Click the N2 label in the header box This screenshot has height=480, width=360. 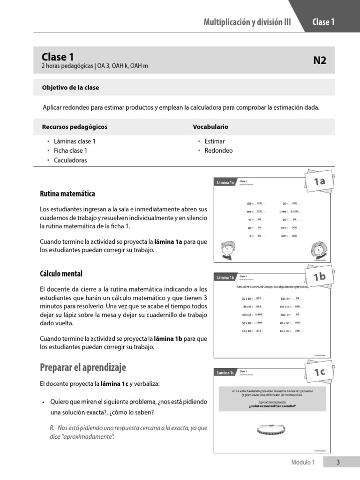click(319, 60)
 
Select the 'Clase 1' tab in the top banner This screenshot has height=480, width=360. click(323, 22)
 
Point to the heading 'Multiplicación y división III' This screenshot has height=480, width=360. click(247, 22)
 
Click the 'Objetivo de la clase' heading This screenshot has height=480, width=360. click(70, 88)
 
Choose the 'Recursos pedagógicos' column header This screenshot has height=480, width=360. click(75, 127)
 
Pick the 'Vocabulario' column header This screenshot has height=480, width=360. click(210, 127)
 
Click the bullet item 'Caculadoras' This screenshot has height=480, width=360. click(70, 160)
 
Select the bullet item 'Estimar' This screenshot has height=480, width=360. click(215, 141)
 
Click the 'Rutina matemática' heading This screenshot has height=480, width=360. click(67, 194)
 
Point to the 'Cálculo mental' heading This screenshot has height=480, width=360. click(61, 273)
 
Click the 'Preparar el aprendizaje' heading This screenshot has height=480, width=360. click(83, 367)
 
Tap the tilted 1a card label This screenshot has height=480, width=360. click(320, 182)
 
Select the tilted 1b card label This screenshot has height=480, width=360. click(320, 277)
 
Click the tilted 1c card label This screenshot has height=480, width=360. click(320, 372)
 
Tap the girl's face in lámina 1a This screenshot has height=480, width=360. click(317, 248)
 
